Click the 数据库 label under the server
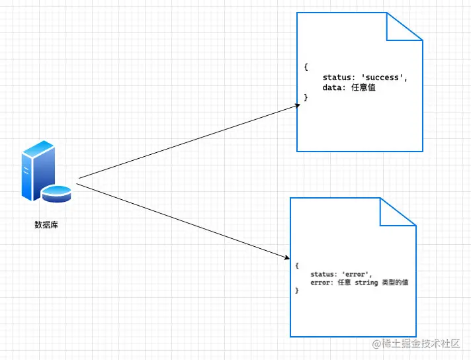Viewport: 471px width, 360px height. click(x=46, y=224)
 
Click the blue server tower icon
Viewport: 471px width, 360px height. click(x=37, y=170)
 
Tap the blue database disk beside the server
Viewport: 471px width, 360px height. click(x=56, y=193)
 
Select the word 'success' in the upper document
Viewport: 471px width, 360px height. click(x=382, y=77)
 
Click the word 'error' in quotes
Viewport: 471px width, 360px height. click(x=357, y=274)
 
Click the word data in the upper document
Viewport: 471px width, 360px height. click(x=333, y=87)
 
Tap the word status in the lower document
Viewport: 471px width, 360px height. click(x=325, y=274)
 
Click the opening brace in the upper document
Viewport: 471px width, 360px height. click(x=306, y=67)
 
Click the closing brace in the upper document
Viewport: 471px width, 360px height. click(x=306, y=97)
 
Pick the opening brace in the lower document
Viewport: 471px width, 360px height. click(x=298, y=265)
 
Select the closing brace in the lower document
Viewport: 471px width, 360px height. click(x=298, y=291)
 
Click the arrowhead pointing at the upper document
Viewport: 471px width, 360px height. click(x=297, y=106)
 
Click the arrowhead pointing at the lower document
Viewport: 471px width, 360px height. click(x=287, y=257)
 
